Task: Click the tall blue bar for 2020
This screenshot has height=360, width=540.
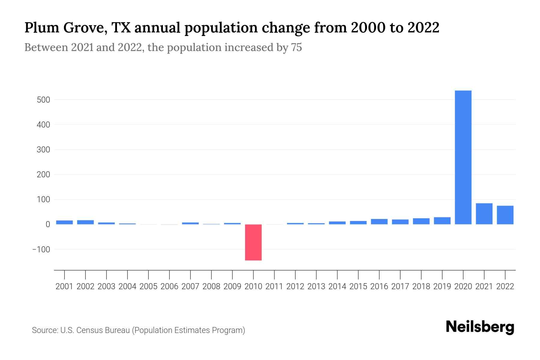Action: pyautogui.click(x=463, y=157)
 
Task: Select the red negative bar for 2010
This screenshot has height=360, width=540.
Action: pyautogui.click(x=253, y=242)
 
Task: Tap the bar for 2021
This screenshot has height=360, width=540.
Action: pyautogui.click(x=484, y=214)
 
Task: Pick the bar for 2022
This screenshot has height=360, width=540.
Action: pyautogui.click(x=505, y=215)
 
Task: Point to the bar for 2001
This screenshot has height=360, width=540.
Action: pyautogui.click(x=64, y=222)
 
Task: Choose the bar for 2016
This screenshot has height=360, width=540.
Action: pyautogui.click(x=379, y=221)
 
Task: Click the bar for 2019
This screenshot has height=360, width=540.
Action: pyautogui.click(x=442, y=220)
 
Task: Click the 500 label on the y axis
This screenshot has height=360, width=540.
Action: pyautogui.click(x=43, y=100)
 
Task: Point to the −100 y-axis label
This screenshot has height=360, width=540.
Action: pyautogui.click(x=41, y=249)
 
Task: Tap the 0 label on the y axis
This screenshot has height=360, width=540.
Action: pyautogui.click(x=48, y=224)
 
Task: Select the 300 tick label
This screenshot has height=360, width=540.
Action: pyautogui.click(x=43, y=149)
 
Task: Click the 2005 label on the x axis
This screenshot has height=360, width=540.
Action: pyautogui.click(x=148, y=286)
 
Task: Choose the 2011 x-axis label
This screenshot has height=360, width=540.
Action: pyautogui.click(x=274, y=286)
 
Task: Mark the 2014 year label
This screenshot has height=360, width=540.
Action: pyautogui.click(x=337, y=286)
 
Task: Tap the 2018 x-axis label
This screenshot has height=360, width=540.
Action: pyautogui.click(x=421, y=286)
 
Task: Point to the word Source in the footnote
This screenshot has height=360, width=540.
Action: pyautogui.click(x=45, y=330)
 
